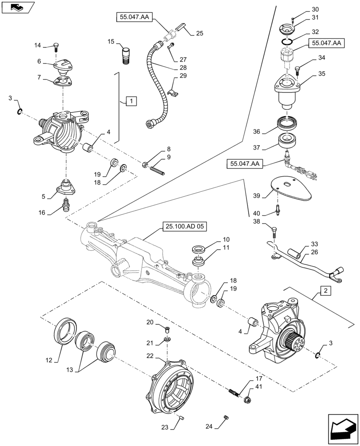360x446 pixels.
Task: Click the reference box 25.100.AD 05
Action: (187, 227)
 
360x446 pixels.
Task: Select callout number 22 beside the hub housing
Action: (151, 356)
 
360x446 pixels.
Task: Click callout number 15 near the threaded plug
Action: (111, 41)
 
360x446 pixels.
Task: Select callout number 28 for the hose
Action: (183, 67)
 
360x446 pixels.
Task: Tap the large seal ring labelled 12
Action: (64, 330)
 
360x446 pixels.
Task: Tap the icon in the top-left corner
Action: (17, 7)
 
